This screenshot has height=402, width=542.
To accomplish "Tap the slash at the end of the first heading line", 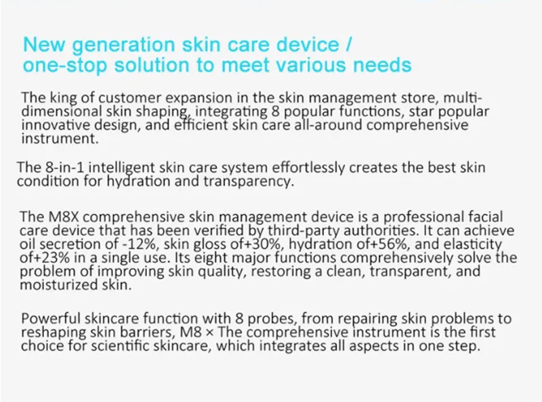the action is [348, 45].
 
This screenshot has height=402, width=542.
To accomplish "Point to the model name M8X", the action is [64, 217].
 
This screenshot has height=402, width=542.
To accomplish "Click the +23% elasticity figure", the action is [51, 258].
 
